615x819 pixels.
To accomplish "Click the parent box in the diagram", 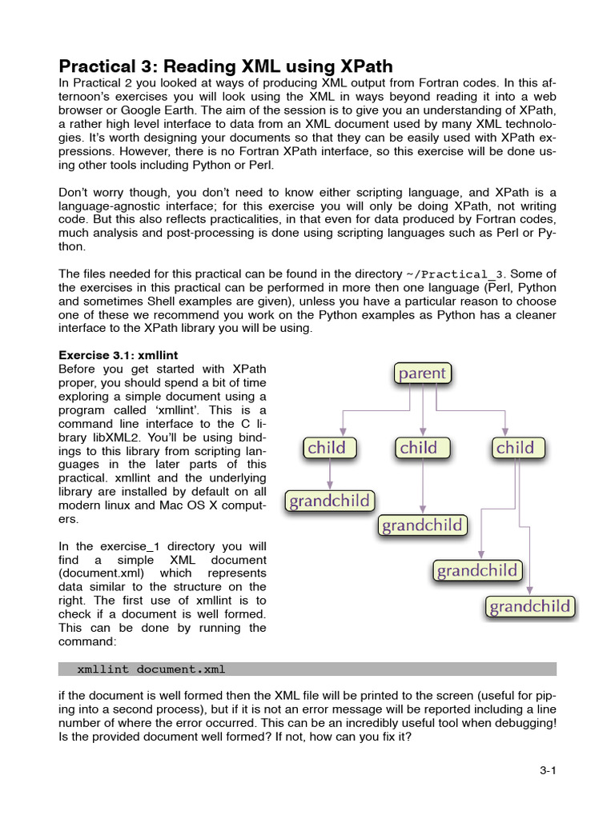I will point(422,373).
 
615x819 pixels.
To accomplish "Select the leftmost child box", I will point(327,447).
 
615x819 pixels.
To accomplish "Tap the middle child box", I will point(419,447).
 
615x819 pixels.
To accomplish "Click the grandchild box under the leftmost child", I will point(329,501).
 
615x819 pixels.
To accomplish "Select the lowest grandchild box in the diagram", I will point(530,606).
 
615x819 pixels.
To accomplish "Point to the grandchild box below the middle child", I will point(422,525).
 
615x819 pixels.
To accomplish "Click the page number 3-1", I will point(548,771).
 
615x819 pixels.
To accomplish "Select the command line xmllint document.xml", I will point(156,669).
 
